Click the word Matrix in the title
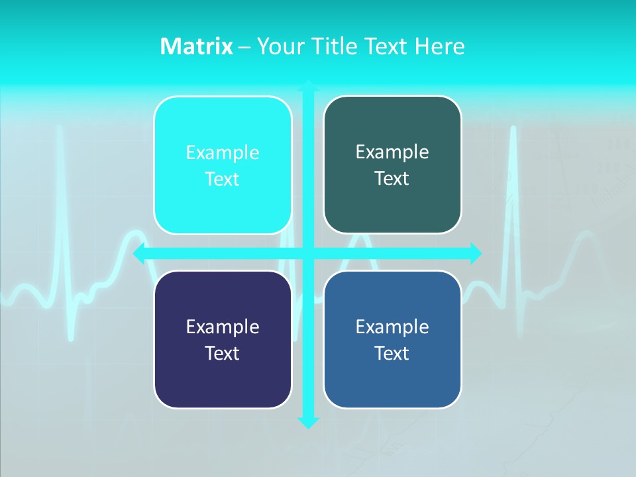coord(196,46)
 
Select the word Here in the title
coord(440,46)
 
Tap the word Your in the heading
coord(278,46)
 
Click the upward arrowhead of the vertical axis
coord(308,85)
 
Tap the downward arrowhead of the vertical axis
coord(308,422)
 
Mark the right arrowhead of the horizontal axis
coord(476,253)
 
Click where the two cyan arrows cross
coord(308,253)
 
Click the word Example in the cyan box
coord(223,153)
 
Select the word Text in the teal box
coord(392,179)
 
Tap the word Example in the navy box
coord(223,327)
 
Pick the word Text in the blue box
coord(392,354)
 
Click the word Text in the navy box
coord(223,354)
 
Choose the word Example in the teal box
coord(392,152)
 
